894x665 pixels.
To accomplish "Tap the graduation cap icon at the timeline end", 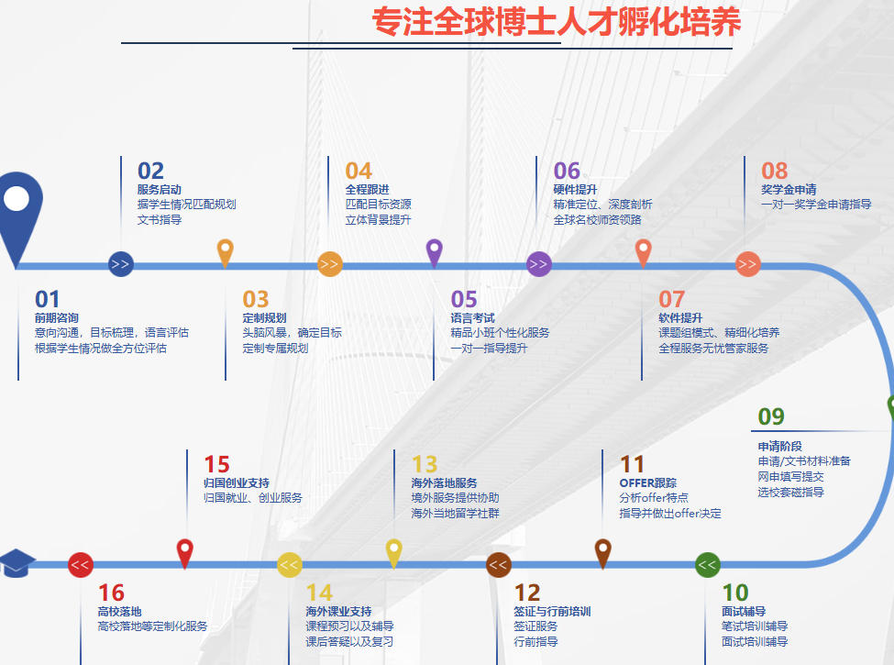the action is [x=16, y=563].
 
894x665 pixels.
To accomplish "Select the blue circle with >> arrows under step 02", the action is [x=121, y=264].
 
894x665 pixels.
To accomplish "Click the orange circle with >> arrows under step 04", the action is [x=329, y=264].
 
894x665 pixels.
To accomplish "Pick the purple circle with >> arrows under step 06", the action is [x=538, y=264].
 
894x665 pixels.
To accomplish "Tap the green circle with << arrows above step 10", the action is [x=708, y=565].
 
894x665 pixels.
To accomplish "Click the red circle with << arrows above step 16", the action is [x=81, y=565].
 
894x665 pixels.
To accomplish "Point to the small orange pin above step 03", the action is [x=226, y=252].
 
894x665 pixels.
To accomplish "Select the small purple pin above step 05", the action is [x=435, y=252].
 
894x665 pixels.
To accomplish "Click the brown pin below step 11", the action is [x=602, y=553].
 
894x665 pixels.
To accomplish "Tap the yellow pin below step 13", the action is [x=393, y=553].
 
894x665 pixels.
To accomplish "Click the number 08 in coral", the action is [x=774, y=171].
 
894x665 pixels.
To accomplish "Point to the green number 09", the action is [x=771, y=417].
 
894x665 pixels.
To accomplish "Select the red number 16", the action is [x=111, y=593].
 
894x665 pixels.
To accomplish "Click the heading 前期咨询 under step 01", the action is [x=57, y=318].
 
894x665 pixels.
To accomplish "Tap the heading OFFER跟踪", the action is [x=647, y=483].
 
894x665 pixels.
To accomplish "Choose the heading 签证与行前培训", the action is [x=552, y=612].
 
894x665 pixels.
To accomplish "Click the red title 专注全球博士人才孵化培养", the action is [x=557, y=22].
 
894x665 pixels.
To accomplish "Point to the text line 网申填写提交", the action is [x=790, y=476].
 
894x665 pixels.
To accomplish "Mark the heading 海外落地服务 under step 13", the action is [x=444, y=483].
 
